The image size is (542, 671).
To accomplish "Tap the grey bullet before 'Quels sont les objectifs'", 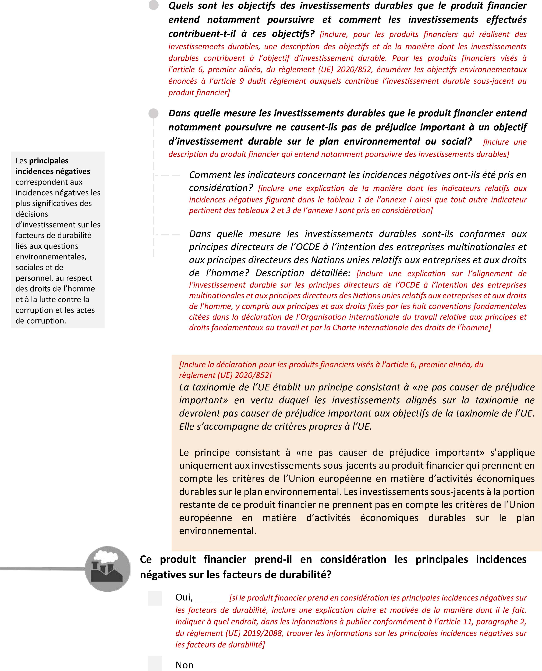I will click(153, 5).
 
